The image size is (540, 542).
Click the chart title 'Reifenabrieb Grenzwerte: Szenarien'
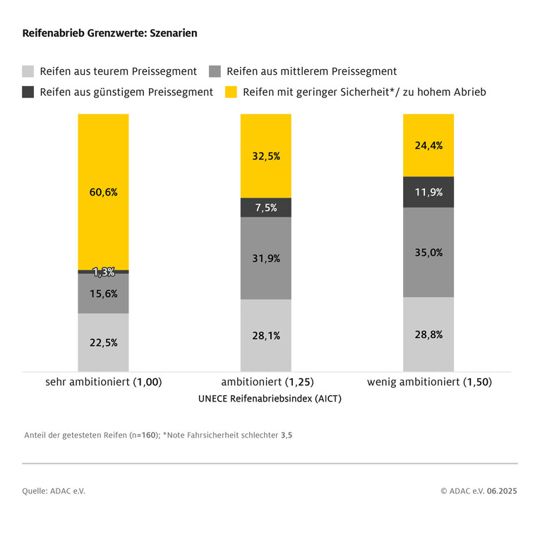click(x=109, y=33)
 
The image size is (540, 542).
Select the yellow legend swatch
click(x=231, y=92)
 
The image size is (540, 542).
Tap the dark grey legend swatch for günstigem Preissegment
click(x=28, y=92)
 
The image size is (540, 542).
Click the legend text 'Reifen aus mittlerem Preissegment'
click(x=311, y=71)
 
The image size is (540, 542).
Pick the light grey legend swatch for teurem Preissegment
click(x=28, y=71)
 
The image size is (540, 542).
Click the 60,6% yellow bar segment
click(x=103, y=191)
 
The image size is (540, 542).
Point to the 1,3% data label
click(x=104, y=272)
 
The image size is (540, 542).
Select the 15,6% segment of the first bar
click(x=103, y=294)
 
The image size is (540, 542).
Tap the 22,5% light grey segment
click(x=103, y=342)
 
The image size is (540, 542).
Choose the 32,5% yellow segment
click(x=265, y=156)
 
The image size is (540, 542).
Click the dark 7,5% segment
click(x=265, y=207)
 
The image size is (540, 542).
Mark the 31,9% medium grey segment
click(x=265, y=258)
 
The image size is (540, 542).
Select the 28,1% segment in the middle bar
click(x=265, y=335)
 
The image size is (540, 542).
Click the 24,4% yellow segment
click(x=428, y=145)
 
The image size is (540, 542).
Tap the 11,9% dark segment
click(x=428, y=192)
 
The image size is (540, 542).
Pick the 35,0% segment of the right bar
click(x=428, y=252)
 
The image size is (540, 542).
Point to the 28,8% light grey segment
click(x=428, y=335)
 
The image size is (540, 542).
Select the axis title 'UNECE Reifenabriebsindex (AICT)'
click(x=270, y=399)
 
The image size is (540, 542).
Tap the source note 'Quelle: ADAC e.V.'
click(x=54, y=490)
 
